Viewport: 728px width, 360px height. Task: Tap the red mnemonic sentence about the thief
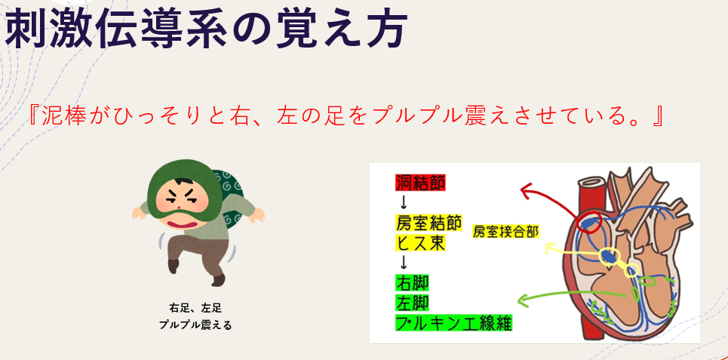pyautogui.click(x=345, y=116)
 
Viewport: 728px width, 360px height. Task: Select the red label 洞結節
pyautogui.click(x=419, y=182)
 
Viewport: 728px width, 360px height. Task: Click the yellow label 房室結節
pyautogui.click(x=428, y=223)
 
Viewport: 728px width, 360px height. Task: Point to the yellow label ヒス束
pyautogui.click(x=419, y=242)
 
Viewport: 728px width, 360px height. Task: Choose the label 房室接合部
pyautogui.click(x=505, y=231)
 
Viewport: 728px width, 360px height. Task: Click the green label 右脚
pyautogui.click(x=412, y=283)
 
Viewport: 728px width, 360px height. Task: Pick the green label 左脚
pyautogui.click(x=412, y=303)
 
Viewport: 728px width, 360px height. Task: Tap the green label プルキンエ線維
pyautogui.click(x=453, y=323)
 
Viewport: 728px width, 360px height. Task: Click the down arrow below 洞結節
pyautogui.click(x=404, y=202)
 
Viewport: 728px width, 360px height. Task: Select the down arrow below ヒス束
pyautogui.click(x=404, y=263)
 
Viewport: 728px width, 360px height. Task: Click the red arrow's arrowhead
pyautogui.click(x=526, y=190)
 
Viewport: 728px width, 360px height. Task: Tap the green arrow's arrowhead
pyautogui.click(x=524, y=300)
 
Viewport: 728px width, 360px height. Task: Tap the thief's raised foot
pyautogui.click(x=174, y=266)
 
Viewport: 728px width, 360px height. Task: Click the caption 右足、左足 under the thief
pyautogui.click(x=195, y=308)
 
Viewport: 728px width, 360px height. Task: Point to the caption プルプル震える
pyautogui.click(x=195, y=325)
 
